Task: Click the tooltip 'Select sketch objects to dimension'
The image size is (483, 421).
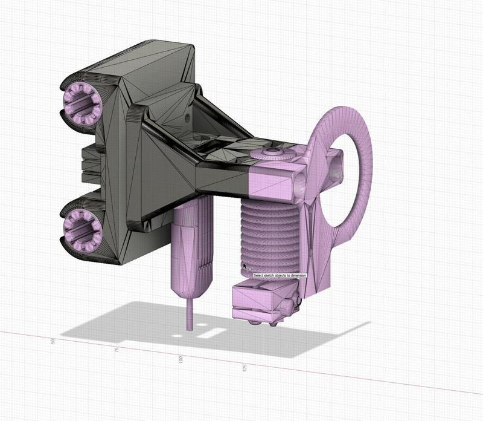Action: tap(280, 275)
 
